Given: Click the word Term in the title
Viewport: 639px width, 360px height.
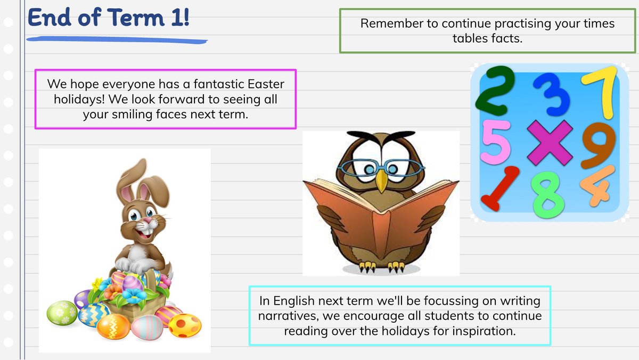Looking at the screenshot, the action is tap(136, 18).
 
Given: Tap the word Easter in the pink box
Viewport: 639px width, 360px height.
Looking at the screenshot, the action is tap(266, 84).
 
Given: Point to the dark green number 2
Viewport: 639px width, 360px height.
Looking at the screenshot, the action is tap(495, 91).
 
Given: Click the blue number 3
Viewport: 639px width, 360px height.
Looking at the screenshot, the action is tap(551, 94).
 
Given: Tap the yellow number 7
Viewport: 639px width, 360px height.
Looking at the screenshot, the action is tap(599, 92).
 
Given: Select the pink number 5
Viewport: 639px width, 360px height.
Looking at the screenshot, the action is tap(496, 142).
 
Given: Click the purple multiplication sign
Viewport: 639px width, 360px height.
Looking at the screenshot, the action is tap(550, 143).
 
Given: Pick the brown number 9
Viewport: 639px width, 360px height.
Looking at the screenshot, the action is tap(599, 145).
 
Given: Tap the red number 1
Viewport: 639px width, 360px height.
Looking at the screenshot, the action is tap(500, 189).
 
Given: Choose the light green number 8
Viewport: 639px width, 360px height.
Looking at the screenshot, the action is tap(548, 194).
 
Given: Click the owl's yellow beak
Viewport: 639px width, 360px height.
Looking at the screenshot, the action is tap(381, 181).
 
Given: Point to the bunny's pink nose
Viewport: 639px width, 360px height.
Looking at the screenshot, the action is tap(148, 220).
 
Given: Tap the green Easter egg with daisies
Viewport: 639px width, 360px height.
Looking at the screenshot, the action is tap(62, 313).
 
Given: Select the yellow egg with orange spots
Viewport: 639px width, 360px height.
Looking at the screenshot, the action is tap(185, 325).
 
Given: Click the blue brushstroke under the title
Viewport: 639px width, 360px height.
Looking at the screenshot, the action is tap(117, 40).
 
